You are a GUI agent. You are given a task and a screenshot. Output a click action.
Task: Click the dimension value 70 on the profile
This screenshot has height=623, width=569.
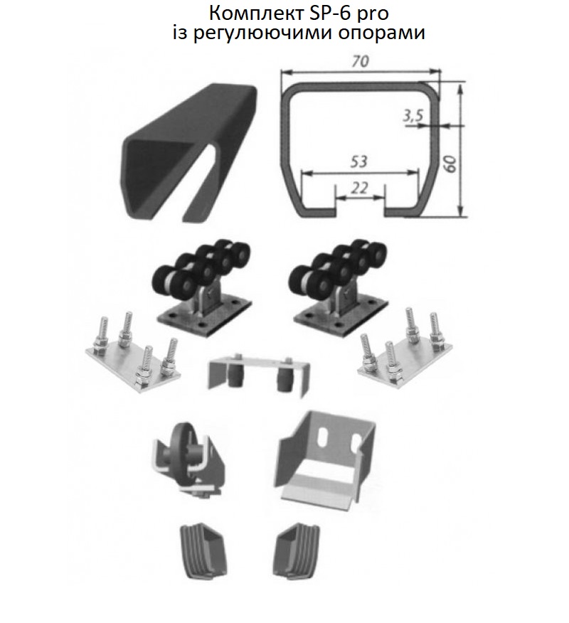click(x=360, y=60)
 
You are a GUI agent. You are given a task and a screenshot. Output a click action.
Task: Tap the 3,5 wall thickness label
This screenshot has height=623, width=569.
click(x=413, y=116)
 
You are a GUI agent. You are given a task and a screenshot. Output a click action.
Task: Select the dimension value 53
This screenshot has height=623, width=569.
click(x=358, y=161)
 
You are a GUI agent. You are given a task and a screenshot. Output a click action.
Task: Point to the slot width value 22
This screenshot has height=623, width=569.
click(x=360, y=188)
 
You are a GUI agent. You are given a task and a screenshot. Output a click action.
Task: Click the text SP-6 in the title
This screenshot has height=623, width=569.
click(x=331, y=14)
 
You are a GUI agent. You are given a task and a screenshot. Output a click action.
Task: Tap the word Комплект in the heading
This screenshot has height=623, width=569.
click(x=257, y=14)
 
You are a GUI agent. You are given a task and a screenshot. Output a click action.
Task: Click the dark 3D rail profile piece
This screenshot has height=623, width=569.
click(x=189, y=151)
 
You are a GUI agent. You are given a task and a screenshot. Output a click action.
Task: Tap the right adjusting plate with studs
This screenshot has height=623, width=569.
click(x=406, y=350)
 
